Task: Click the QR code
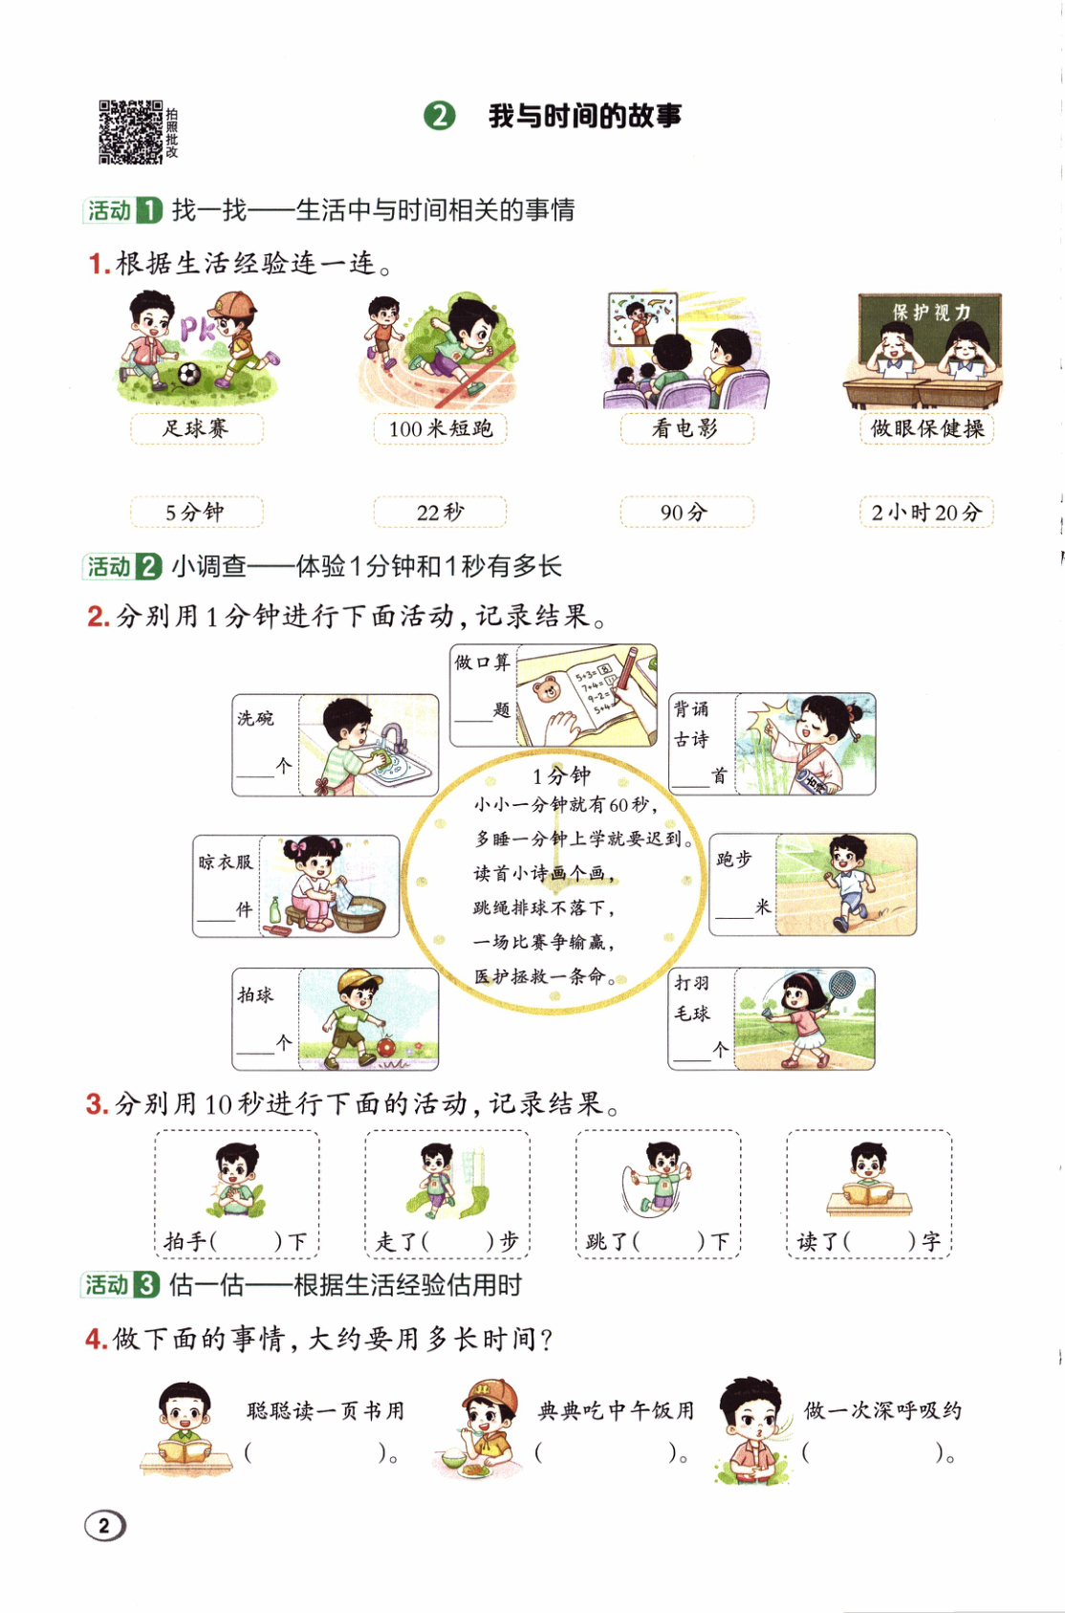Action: (131, 132)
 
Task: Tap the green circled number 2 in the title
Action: (440, 116)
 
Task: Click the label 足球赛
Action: (196, 428)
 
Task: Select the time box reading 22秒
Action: (440, 512)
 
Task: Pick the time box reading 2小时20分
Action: (925, 512)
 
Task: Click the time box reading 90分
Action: (685, 512)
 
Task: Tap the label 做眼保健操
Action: (925, 428)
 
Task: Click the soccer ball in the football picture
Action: (189, 374)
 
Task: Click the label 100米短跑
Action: (440, 428)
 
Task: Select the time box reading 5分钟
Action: (196, 512)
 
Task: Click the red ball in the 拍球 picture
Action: (386, 1046)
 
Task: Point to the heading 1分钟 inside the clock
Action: (561, 774)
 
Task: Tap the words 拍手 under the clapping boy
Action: (185, 1241)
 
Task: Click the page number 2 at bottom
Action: (104, 1525)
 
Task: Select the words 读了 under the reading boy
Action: (817, 1241)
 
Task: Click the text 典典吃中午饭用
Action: (616, 1410)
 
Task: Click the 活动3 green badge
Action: (120, 1285)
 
